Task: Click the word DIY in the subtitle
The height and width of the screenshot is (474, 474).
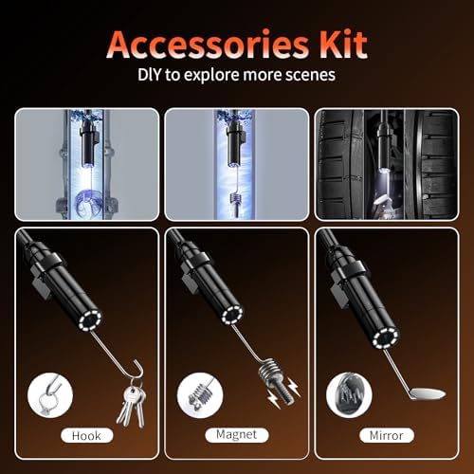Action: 150,75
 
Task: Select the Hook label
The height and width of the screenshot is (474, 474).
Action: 86,436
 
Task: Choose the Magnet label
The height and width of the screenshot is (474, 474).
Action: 237,435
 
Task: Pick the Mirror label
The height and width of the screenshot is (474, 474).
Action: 387,436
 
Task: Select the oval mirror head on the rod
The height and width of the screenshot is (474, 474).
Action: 428,393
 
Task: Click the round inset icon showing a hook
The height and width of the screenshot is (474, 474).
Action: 50,395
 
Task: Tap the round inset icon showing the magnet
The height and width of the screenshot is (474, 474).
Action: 200,395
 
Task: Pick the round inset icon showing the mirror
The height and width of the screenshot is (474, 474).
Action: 349,395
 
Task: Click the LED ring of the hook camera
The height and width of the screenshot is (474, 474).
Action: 90,319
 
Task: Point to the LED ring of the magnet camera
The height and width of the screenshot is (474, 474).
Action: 232,315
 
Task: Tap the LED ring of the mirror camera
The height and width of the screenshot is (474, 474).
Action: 386,338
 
